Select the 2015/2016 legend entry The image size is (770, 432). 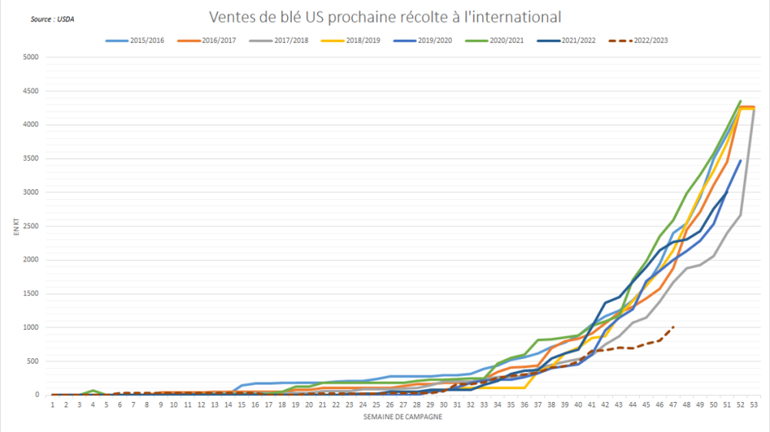[136, 40]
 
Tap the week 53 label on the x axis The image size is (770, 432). [753, 404]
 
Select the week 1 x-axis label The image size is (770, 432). [52, 404]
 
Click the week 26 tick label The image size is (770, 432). [390, 404]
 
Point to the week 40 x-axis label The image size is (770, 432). [578, 404]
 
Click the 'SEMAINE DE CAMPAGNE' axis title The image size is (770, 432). [403, 418]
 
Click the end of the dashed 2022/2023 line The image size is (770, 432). [673, 327]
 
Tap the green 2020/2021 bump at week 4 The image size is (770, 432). [93, 390]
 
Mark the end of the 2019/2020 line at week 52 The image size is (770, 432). [741, 161]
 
